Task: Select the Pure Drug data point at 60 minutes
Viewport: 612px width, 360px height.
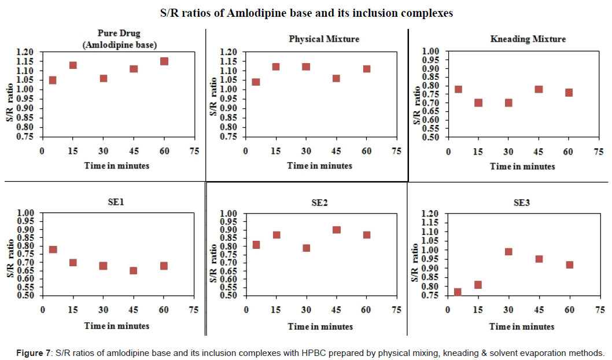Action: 164,61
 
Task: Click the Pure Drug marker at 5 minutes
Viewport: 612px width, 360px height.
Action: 53,80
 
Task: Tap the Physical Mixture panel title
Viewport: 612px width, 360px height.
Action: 324,39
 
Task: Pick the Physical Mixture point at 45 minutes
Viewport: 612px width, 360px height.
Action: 336,78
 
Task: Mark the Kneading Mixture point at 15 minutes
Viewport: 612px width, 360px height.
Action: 478,102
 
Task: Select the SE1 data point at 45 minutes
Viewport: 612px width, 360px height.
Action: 134,270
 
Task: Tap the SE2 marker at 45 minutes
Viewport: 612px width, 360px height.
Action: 337,230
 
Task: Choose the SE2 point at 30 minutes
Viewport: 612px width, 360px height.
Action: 306,248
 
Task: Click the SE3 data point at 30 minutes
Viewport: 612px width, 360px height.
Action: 508,252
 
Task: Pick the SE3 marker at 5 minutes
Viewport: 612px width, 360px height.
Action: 458,292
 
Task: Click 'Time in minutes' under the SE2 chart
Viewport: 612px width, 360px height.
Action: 320,326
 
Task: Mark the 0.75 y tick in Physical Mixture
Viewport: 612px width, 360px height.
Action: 227,137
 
